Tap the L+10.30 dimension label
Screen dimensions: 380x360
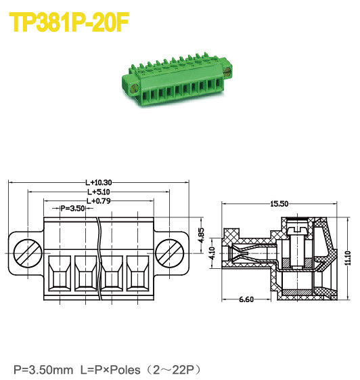99,182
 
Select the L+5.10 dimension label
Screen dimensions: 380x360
99,192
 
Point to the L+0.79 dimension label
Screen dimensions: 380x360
99,200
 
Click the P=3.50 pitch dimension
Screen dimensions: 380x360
73,209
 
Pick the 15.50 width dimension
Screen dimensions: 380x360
279,203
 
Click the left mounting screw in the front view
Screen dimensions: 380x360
24,254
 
